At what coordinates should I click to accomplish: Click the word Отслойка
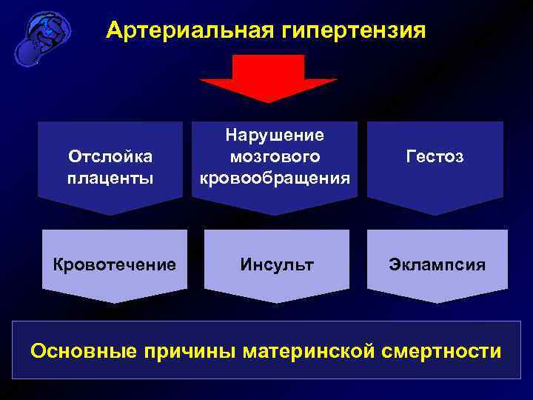[x=110, y=156]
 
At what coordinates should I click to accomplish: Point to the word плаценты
[x=110, y=178]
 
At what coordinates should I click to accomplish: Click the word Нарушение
[x=275, y=135]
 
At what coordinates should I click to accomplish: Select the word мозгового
[x=275, y=156]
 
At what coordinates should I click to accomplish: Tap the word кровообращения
[x=275, y=179]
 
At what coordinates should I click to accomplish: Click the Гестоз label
[x=435, y=157]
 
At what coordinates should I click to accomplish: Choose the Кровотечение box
[x=115, y=264]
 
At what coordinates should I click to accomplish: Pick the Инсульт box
[x=275, y=264]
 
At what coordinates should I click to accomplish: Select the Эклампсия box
[x=438, y=264]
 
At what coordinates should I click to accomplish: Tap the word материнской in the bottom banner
[x=311, y=350]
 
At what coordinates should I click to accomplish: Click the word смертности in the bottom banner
[x=442, y=350]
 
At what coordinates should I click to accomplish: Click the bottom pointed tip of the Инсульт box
[x=275, y=302]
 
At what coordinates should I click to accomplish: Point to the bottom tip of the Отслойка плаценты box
[x=110, y=215]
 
